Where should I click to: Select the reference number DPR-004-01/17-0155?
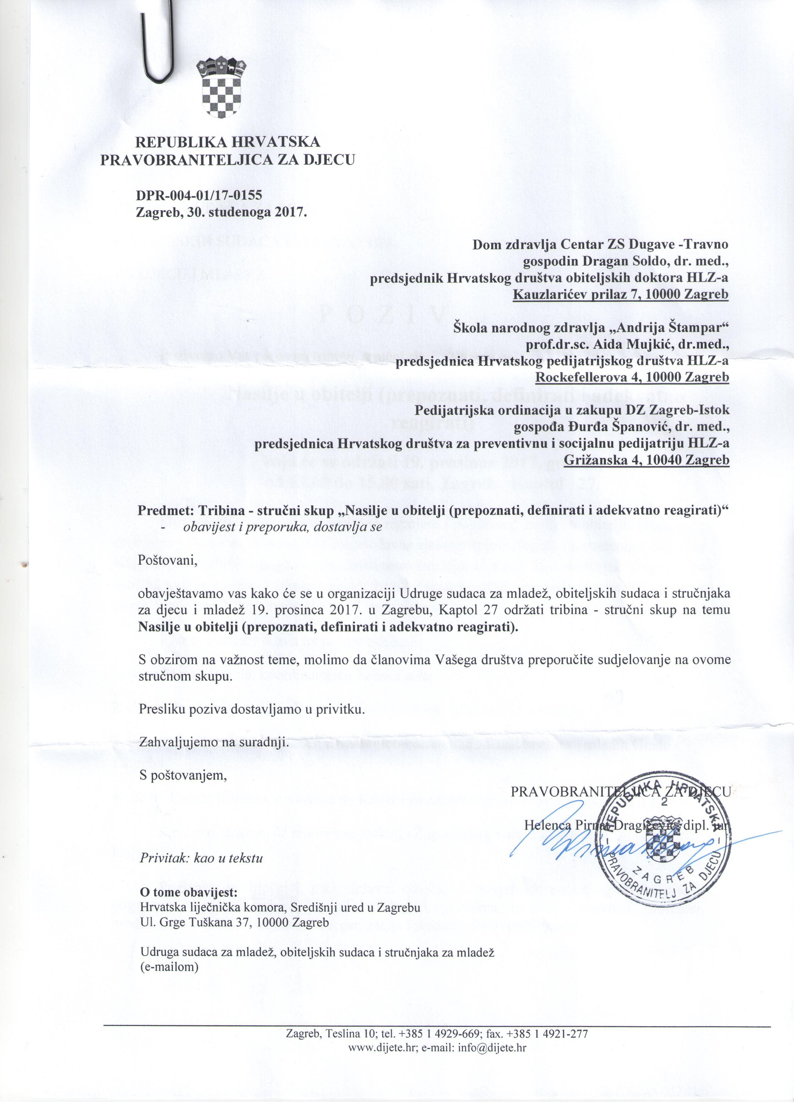[x=199, y=195]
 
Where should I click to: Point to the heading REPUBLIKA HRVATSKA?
[x=227, y=142]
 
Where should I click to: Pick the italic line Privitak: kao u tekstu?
[x=202, y=858]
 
